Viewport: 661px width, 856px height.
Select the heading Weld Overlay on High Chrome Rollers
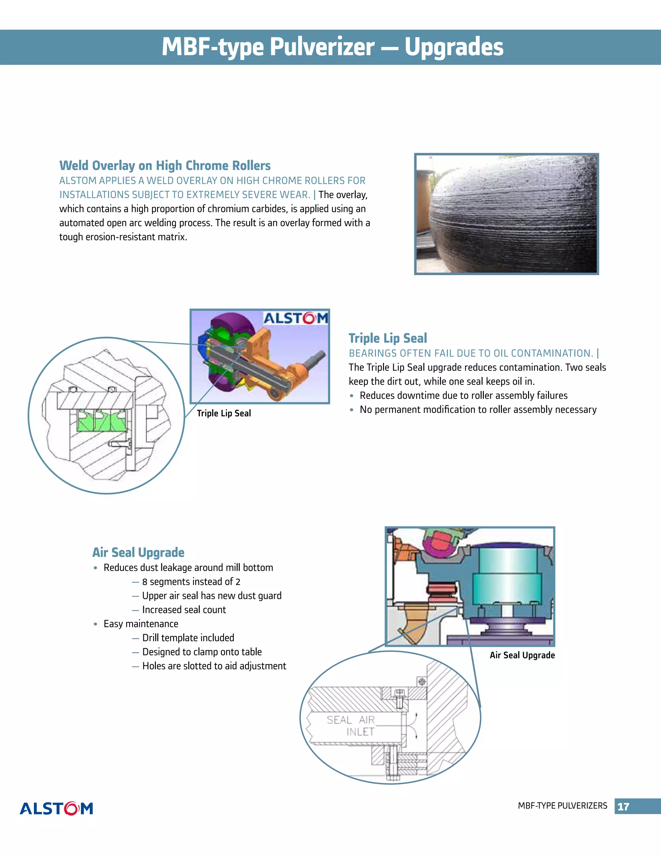(165, 165)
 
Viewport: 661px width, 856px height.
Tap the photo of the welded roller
(506, 214)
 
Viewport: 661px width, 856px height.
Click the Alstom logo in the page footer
(56, 808)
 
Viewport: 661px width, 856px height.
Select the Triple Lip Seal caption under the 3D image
(224, 413)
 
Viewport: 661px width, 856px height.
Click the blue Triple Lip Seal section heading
(388, 338)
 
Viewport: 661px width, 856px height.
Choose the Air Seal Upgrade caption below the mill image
(522, 655)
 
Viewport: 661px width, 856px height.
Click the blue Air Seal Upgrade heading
(138, 552)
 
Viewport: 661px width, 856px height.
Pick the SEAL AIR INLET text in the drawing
(351, 726)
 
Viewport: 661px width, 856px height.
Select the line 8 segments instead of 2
(191, 582)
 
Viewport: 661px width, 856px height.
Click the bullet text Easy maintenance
(141, 623)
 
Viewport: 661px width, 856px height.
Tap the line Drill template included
(188, 638)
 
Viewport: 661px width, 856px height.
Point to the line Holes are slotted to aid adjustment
(214, 666)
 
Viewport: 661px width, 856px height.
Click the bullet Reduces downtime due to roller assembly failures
(463, 395)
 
